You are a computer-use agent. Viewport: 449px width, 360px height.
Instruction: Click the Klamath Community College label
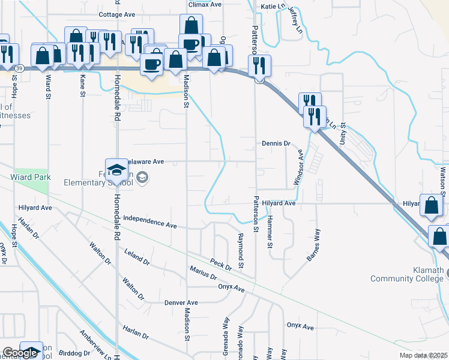[410, 274]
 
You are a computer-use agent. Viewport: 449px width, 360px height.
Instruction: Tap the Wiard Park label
[30, 177]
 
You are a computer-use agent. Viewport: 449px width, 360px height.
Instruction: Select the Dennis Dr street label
[276, 144]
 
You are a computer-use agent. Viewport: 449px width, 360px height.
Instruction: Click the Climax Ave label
[205, 4]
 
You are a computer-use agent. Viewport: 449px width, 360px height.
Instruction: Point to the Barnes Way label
[314, 244]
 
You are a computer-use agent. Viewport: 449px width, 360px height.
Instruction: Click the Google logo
[20, 353]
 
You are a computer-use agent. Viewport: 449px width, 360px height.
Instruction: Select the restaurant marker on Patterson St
[260, 67]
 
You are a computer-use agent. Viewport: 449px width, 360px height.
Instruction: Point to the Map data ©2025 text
[423, 355]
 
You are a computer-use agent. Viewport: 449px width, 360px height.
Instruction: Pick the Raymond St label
[241, 251]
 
